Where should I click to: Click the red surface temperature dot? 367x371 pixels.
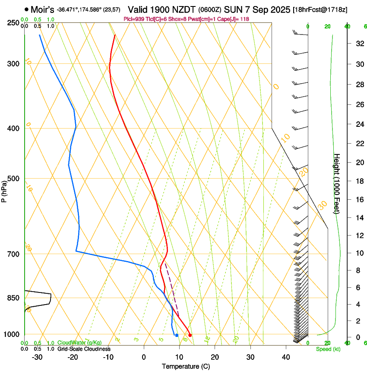(x=190, y=335)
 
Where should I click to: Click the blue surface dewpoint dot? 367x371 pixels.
(x=177, y=335)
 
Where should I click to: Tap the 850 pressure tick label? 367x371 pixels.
(x=13, y=298)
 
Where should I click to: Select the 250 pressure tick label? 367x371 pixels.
(x=13, y=23)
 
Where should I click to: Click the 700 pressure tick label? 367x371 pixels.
(x=13, y=254)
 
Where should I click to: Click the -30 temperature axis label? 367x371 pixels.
(x=37, y=357)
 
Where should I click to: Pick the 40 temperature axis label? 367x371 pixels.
(x=285, y=357)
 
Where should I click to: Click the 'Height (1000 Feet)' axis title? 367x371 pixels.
(x=337, y=183)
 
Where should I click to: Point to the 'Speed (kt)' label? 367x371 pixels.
(x=328, y=349)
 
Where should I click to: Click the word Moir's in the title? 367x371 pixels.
(x=42, y=9)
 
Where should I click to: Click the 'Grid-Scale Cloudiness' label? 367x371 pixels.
(x=84, y=349)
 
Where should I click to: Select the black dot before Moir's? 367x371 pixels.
(x=27, y=9)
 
